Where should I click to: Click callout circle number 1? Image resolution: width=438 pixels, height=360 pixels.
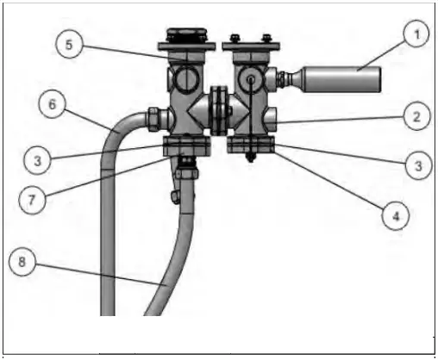[x=416, y=34]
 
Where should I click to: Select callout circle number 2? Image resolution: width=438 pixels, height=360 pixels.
[x=416, y=116]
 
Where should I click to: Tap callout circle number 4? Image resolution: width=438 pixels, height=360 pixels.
[x=396, y=216]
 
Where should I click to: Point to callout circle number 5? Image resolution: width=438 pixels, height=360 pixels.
[x=69, y=45]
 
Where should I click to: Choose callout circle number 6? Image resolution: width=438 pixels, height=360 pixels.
[x=52, y=104]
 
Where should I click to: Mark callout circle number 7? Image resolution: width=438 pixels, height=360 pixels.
[x=32, y=200]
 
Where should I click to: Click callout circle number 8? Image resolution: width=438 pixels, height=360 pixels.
[x=22, y=262]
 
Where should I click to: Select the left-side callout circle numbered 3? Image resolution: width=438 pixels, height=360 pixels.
[x=37, y=161]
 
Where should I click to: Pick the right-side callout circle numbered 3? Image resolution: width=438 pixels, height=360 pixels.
[x=419, y=165]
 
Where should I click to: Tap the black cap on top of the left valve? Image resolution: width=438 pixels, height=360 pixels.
[x=187, y=35]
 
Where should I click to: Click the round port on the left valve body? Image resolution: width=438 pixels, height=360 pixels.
[x=187, y=78]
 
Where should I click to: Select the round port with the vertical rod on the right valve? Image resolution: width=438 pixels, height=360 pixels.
[x=251, y=78]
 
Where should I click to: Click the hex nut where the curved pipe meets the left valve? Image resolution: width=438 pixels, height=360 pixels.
[x=153, y=119]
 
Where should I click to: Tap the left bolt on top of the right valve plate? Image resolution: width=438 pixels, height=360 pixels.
[x=235, y=38]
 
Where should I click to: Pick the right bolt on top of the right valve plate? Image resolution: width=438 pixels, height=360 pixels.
[x=267, y=38]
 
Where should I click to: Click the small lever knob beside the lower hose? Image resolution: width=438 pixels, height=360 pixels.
[x=175, y=197]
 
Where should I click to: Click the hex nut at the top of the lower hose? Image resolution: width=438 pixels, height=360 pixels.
[x=187, y=173]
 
